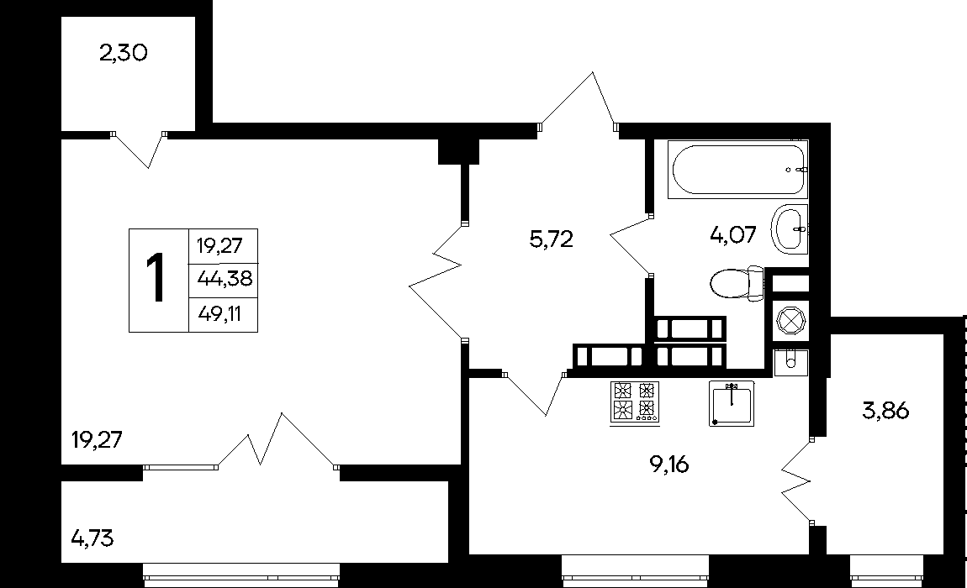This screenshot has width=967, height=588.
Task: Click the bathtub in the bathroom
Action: [x=737, y=170]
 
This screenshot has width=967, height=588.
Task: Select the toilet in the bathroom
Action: [x=737, y=284]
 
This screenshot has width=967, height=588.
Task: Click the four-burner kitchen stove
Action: [x=635, y=403]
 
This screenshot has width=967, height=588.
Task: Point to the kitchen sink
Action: [x=732, y=403]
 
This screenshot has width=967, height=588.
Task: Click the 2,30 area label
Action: [x=124, y=53]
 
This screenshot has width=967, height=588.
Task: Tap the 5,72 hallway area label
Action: [x=552, y=239]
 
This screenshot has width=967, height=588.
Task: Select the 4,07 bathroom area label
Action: [x=732, y=235]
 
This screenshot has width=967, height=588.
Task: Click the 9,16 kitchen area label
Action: [x=669, y=465]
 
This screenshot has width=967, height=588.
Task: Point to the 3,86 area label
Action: [x=885, y=411]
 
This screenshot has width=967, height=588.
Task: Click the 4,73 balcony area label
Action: [x=92, y=538]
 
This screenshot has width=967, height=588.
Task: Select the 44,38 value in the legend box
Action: [x=225, y=279]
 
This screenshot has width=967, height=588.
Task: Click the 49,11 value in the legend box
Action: [x=219, y=314]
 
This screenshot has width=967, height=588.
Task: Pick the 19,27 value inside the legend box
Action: [x=219, y=246]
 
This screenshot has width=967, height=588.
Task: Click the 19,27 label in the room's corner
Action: [x=97, y=440]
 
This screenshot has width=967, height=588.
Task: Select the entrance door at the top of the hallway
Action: [x=579, y=101]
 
